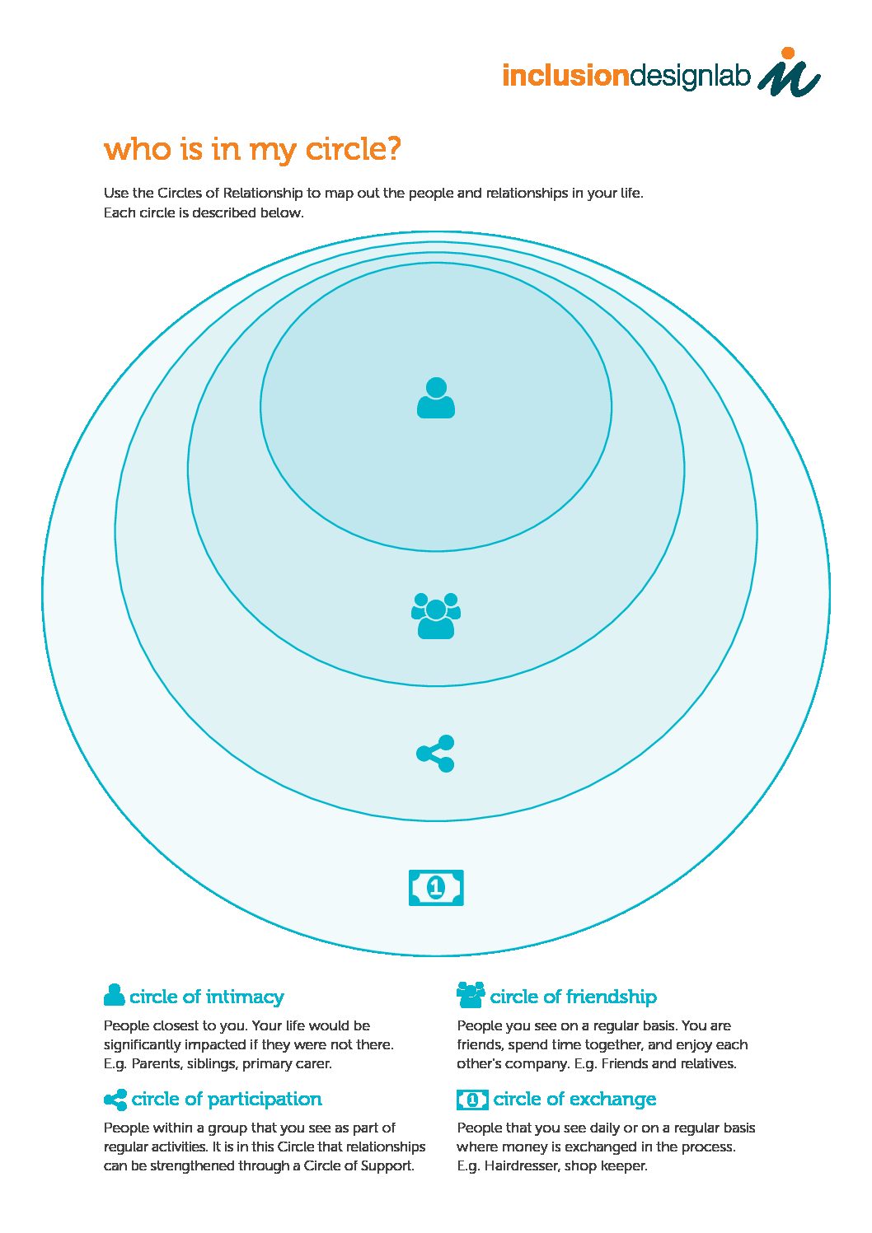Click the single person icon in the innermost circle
point(436,398)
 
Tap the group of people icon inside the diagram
point(436,615)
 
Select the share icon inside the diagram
point(435,753)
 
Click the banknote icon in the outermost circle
point(436,887)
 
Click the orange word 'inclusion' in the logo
point(565,76)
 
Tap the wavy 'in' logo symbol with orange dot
point(789,72)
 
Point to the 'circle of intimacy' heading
point(207,997)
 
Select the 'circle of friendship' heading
point(573,997)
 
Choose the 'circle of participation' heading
point(227,1099)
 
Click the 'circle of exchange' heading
point(574,1098)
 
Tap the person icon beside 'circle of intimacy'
point(114,995)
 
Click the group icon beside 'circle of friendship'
point(471,994)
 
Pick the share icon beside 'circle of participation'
point(115,1100)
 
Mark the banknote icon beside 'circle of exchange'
point(472,1100)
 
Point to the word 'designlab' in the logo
point(690,76)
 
